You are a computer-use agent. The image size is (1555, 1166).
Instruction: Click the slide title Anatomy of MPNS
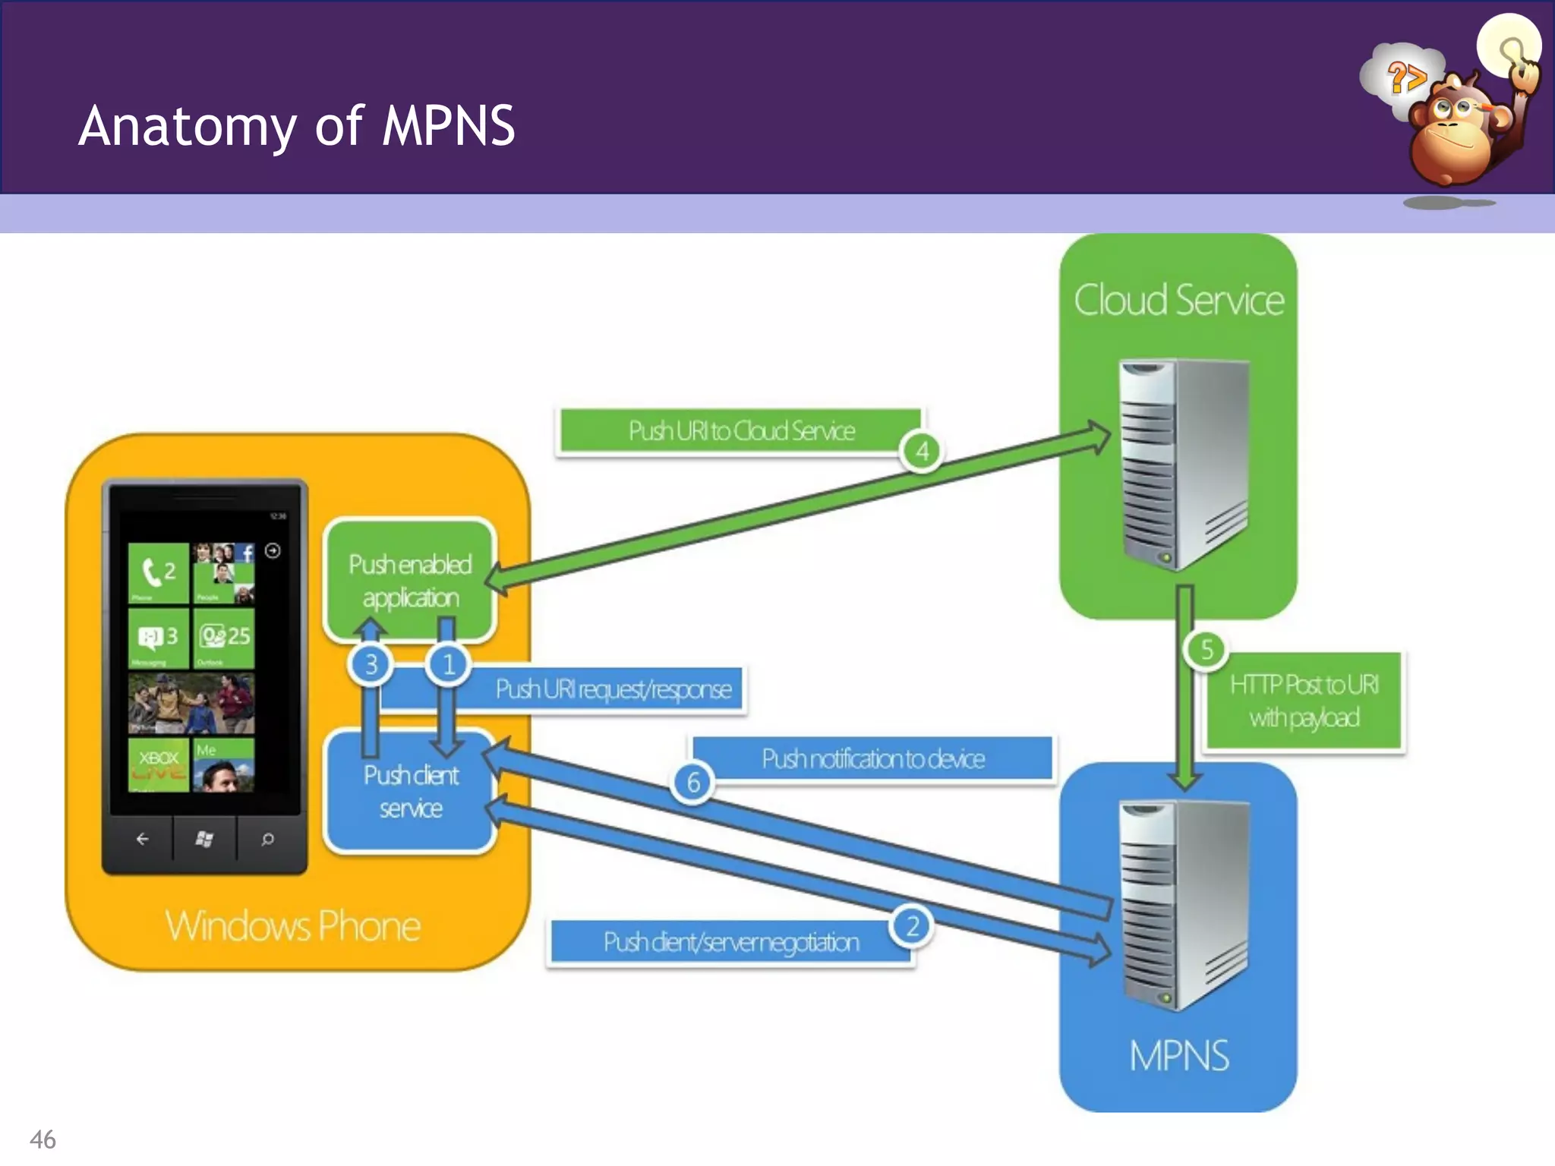[297, 126]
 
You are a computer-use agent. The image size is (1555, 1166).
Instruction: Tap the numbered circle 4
[922, 452]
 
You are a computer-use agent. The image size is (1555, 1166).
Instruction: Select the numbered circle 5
[1206, 650]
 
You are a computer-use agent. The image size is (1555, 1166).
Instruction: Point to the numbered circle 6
[692, 783]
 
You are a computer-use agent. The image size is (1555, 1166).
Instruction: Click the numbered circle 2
[912, 926]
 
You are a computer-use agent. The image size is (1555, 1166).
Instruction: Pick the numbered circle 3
[371, 665]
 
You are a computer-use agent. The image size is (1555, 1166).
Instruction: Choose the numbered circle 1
[448, 665]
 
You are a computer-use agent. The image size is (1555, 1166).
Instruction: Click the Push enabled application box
[410, 581]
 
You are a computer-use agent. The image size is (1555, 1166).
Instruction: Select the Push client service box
[410, 792]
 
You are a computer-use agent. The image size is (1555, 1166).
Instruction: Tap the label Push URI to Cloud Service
[740, 431]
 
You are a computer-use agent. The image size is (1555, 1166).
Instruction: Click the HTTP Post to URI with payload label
[1304, 701]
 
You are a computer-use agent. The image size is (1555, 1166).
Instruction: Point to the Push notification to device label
[872, 758]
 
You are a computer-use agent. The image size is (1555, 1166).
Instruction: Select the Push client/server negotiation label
[730, 942]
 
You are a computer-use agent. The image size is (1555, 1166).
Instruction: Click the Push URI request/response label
[613, 689]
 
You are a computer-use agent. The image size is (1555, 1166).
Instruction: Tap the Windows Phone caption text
[292, 926]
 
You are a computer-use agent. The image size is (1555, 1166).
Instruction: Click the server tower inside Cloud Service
[1184, 463]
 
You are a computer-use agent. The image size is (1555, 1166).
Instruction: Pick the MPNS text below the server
[1178, 1056]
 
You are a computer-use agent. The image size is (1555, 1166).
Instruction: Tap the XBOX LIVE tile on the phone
[159, 764]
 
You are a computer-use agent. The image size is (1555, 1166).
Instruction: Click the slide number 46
[43, 1139]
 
